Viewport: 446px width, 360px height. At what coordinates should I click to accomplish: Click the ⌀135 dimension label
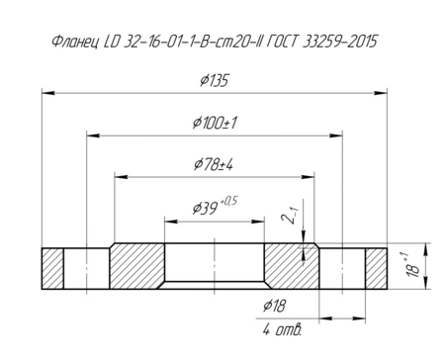click(x=214, y=80)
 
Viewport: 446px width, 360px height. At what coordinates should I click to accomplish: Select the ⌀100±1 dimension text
click(x=215, y=123)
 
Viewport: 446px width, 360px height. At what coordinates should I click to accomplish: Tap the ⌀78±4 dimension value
click(x=214, y=164)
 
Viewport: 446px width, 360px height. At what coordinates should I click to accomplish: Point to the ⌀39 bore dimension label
click(x=205, y=209)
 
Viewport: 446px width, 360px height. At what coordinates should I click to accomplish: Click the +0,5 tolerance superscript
click(x=229, y=201)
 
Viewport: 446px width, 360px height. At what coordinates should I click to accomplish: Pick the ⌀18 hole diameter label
click(x=274, y=307)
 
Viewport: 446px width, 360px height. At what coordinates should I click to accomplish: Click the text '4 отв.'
click(x=282, y=329)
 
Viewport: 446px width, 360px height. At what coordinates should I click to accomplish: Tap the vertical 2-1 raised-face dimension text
click(x=290, y=216)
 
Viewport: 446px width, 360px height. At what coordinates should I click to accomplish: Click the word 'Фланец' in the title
click(x=75, y=42)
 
